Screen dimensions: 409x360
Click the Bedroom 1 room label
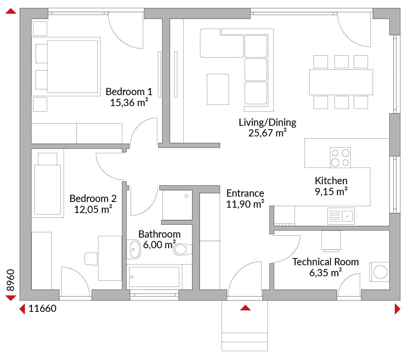click(x=129, y=92)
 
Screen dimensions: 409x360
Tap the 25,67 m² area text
click(x=267, y=133)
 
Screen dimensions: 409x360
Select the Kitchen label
click(x=331, y=181)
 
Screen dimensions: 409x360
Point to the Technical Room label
click(x=326, y=261)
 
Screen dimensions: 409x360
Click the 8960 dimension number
click(x=11, y=280)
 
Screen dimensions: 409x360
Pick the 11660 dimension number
click(x=42, y=308)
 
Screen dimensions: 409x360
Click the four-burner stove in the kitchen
click(x=340, y=158)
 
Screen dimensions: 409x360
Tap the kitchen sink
click(x=341, y=216)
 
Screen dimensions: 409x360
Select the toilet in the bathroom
click(x=183, y=249)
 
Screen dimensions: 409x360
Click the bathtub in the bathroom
click(x=154, y=277)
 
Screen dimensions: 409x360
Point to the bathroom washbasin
click(x=134, y=249)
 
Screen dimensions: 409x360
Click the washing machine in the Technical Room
click(x=379, y=272)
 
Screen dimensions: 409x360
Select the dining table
click(x=341, y=82)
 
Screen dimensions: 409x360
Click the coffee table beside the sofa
click(x=218, y=89)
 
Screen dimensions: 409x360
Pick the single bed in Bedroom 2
click(x=47, y=183)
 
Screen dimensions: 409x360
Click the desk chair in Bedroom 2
click(x=91, y=259)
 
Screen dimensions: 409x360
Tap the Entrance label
click(x=245, y=193)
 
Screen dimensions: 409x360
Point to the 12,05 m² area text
click(x=93, y=210)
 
